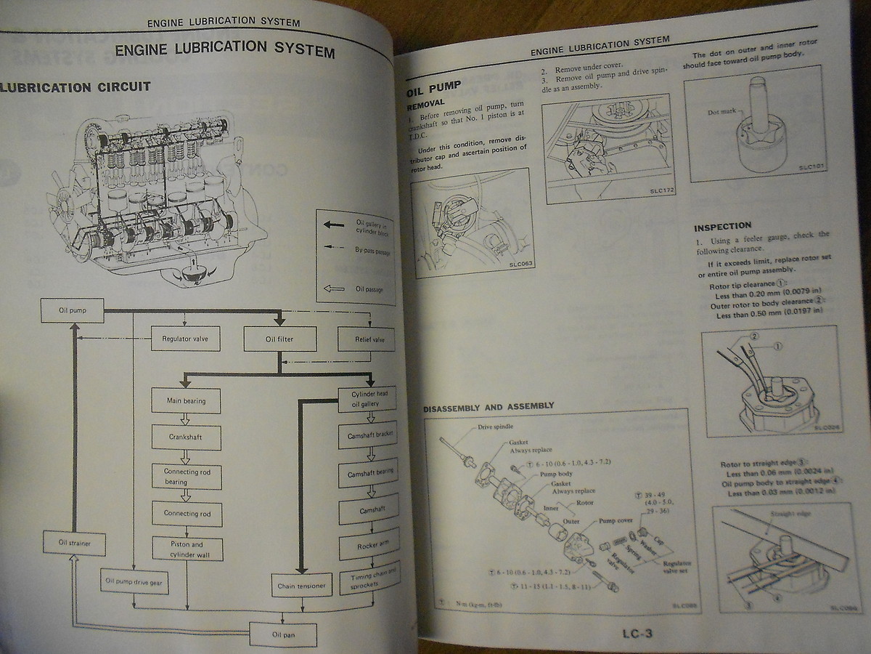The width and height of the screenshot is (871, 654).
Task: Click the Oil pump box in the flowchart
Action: [72, 311]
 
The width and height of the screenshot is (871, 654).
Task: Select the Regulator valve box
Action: [185, 339]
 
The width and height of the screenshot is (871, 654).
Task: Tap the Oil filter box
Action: [279, 339]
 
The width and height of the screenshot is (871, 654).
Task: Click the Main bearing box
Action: [185, 400]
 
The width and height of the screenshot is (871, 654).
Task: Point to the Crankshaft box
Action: [186, 437]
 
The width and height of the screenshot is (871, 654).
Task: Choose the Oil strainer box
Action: [72, 542]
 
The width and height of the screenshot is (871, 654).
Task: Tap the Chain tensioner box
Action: [300, 584]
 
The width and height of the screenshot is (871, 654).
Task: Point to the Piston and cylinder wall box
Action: [186, 549]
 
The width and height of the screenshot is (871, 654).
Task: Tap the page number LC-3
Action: [637, 633]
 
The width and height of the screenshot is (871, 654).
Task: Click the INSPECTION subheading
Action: [723, 226]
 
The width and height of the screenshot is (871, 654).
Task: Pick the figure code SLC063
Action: [518, 264]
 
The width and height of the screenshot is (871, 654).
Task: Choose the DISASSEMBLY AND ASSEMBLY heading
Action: [488, 405]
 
